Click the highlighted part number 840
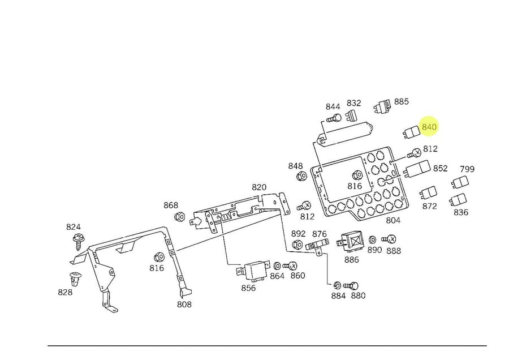pos(429,127)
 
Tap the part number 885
pos(401,102)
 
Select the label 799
pos(467,169)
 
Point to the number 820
pos(258,187)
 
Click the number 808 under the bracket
pos(184,305)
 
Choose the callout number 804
pos(392,220)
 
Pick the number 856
pos(248,288)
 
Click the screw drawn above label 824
pos(77,242)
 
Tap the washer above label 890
pos(373,239)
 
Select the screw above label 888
pos(389,239)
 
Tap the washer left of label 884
pos(336,285)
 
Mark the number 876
pos(320,234)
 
